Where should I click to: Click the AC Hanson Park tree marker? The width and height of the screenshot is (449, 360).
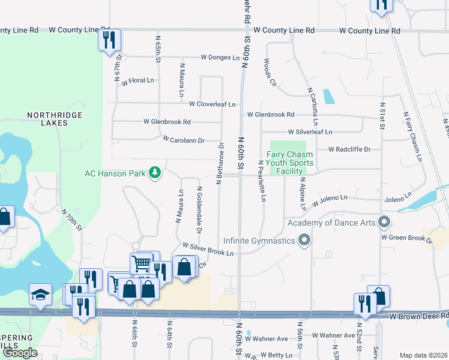(x=155, y=173)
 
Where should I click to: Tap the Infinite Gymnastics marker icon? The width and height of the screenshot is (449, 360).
(x=304, y=241)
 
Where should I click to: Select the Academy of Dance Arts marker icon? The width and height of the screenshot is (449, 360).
(x=384, y=223)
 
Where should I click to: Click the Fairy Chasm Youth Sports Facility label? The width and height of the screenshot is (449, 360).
(x=290, y=163)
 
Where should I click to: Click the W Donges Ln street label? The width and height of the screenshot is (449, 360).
(x=220, y=58)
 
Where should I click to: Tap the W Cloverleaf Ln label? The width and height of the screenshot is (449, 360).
(x=212, y=104)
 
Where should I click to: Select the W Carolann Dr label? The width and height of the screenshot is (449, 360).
(x=184, y=140)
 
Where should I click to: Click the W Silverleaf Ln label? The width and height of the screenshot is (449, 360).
(x=310, y=132)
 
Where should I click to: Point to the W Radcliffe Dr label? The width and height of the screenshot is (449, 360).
(x=349, y=149)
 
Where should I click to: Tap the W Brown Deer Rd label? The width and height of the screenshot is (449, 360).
(x=418, y=316)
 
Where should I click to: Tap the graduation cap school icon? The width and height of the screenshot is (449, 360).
(x=40, y=295)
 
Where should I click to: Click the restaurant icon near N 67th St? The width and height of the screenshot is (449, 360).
(x=110, y=40)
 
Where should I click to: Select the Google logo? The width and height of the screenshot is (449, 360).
(x=20, y=353)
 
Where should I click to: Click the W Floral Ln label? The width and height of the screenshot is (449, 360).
(x=137, y=80)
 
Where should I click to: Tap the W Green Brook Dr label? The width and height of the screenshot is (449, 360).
(x=406, y=238)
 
